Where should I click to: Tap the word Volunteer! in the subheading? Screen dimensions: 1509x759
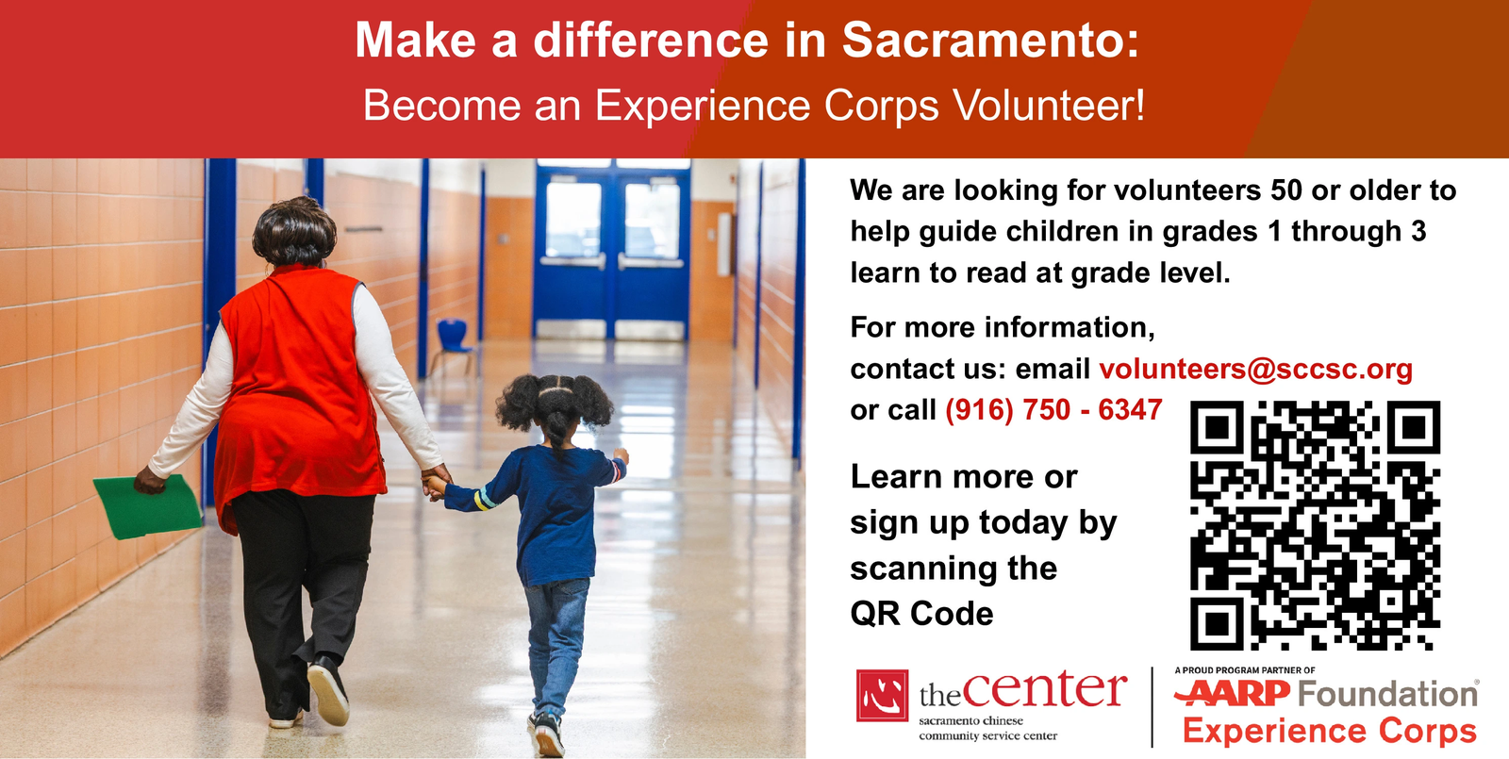(x=1048, y=105)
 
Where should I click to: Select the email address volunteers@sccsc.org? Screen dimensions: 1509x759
(x=1255, y=369)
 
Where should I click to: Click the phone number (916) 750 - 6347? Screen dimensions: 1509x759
(x=1053, y=409)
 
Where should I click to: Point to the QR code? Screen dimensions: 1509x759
(x=1315, y=525)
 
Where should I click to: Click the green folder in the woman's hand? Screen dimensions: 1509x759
(x=147, y=506)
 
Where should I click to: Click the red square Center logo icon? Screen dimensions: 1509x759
(x=882, y=696)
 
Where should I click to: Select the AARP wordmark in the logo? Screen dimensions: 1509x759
(x=1233, y=693)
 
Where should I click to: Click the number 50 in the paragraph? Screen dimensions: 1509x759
(x=1286, y=190)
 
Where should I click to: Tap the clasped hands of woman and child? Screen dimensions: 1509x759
(x=435, y=482)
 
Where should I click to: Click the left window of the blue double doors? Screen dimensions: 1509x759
(x=573, y=221)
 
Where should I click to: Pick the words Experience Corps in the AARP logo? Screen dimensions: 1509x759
(x=1330, y=732)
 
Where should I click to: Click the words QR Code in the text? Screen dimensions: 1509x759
(x=921, y=614)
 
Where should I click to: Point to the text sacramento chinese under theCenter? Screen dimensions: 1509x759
(x=970, y=720)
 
